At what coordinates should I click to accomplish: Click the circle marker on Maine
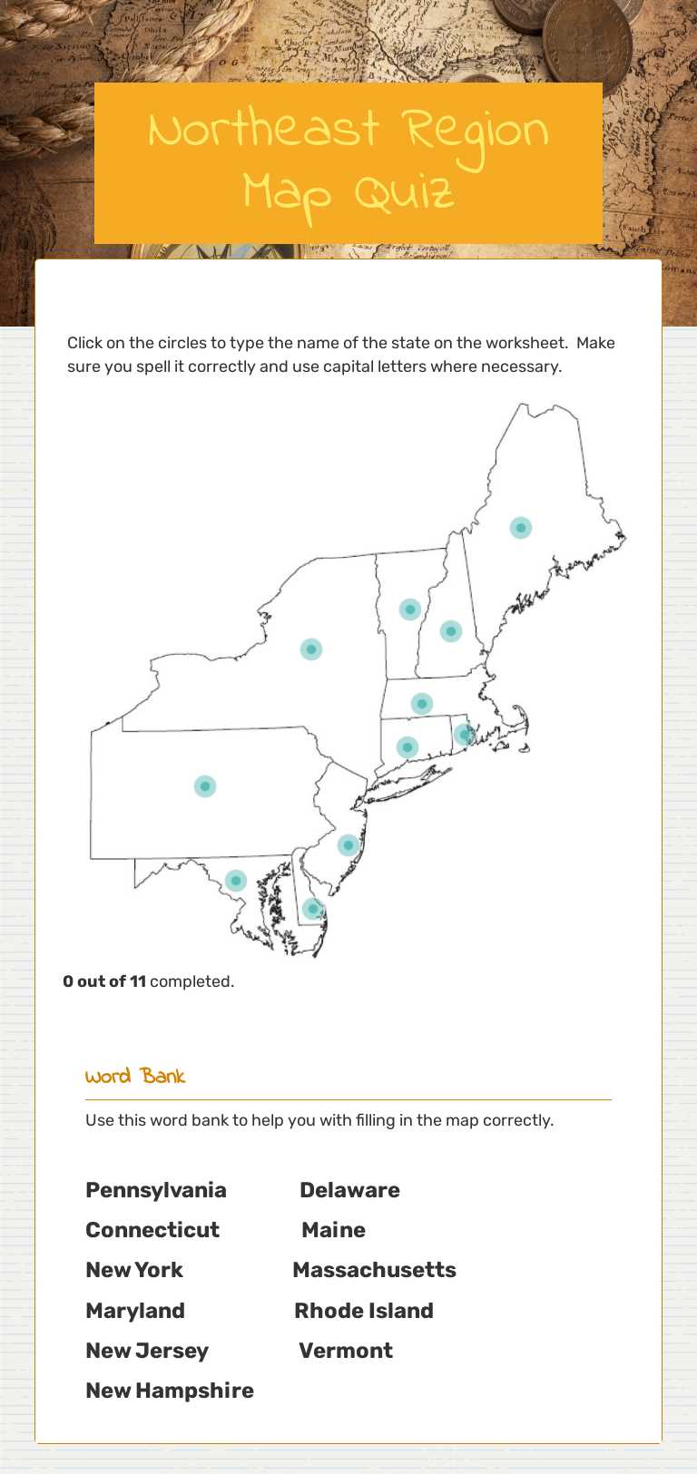520,528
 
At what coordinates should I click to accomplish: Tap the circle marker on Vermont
410,610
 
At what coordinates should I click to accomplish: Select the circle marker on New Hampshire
451,631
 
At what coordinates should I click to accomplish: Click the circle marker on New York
311,649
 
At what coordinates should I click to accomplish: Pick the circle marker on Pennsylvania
205,786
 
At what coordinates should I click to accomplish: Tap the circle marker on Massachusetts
421,704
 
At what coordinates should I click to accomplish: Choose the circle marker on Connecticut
407,747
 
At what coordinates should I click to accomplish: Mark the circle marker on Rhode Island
465,735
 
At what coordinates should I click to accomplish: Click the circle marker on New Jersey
348,845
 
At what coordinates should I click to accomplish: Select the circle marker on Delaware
313,908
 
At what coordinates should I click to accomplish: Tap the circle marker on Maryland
236,880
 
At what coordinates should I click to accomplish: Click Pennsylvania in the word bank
156,1190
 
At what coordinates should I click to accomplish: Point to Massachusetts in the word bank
374,1270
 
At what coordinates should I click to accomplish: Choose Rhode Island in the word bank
364,1311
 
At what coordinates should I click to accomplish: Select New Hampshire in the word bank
170,1391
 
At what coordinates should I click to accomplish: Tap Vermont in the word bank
346,1351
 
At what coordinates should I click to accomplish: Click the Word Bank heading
135,1077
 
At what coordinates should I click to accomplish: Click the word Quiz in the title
404,193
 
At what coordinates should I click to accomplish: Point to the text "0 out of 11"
104,981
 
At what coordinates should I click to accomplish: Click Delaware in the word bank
349,1190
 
